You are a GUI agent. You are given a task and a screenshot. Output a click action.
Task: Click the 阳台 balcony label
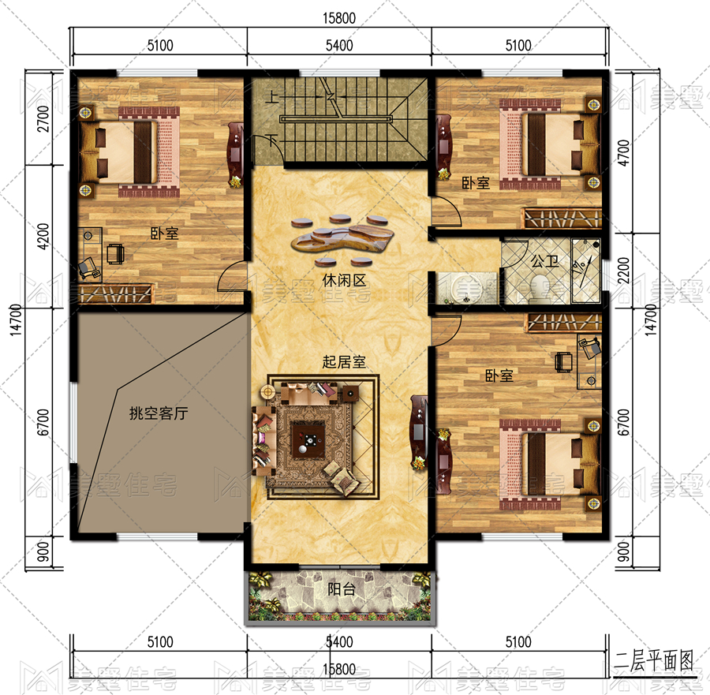point(342,589)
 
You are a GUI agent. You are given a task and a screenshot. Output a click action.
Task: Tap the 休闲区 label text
point(344,280)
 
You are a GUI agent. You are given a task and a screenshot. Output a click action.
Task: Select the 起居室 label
point(344,362)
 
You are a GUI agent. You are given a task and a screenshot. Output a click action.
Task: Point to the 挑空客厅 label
point(159,413)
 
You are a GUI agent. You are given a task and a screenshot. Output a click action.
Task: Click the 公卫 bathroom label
point(544,261)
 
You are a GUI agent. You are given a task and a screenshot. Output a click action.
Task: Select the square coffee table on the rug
point(308,439)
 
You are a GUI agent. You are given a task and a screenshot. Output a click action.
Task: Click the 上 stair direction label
point(271,96)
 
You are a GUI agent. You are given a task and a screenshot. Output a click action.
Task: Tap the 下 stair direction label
point(272,140)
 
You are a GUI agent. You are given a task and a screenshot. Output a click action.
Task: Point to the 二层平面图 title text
point(653,661)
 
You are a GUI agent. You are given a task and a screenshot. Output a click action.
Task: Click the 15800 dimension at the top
point(339,18)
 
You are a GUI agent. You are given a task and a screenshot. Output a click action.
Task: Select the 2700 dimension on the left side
point(43,118)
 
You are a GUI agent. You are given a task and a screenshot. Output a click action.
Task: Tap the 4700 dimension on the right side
point(623,153)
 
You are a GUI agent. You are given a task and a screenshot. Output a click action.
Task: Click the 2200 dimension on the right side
point(623,271)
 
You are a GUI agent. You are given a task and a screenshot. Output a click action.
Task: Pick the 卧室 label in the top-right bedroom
point(476,183)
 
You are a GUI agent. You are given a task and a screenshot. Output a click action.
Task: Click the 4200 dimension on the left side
point(43,237)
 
